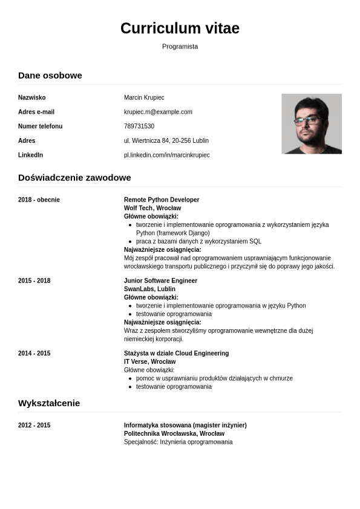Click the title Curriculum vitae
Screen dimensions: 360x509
pyautogui.click(x=180, y=28)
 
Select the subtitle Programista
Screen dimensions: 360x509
pyautogui.click(x=180, y=47)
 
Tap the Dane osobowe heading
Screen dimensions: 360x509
pyautogui.click(x=50, y=75)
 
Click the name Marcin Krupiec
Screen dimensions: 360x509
pyautogui.click(x=144, y=97)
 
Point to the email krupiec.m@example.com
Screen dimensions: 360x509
pyautogui.click(x=158, y=112)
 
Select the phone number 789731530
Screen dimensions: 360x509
pyautogui.click(x=139, y=126)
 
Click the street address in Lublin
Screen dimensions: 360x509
pyautogui.click(x=166, y=141)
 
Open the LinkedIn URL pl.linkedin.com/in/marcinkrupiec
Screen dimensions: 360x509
pyautogui.click(x=167, y=156)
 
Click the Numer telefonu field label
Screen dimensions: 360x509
pyautogui.click(x=40, y=126)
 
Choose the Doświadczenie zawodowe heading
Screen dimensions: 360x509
pyautogui.click(x=74, y=177)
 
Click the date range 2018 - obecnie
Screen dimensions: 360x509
pyautogui.click(x=39, y=200)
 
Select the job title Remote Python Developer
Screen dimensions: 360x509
pyautogui.click(x=162, y=200)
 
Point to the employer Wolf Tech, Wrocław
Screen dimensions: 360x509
pyautogui.click(x=148, y=208)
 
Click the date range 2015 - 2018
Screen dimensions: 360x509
pyautogui.click(x=34, y=281)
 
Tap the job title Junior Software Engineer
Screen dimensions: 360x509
pyautogui.click(x=160, y=281)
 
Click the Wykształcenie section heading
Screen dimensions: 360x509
pyautogui.click(x=49, y=403)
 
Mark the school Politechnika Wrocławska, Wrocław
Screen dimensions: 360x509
pyautogui.click(x=174, y=434)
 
